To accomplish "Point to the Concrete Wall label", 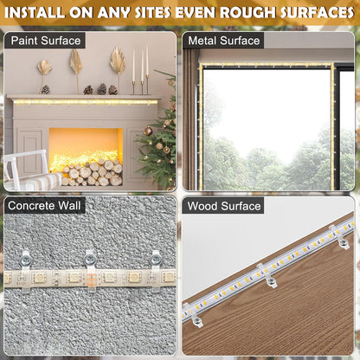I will [44, 206].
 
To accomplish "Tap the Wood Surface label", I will [223, 206].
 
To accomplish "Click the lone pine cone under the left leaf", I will [45, 89].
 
